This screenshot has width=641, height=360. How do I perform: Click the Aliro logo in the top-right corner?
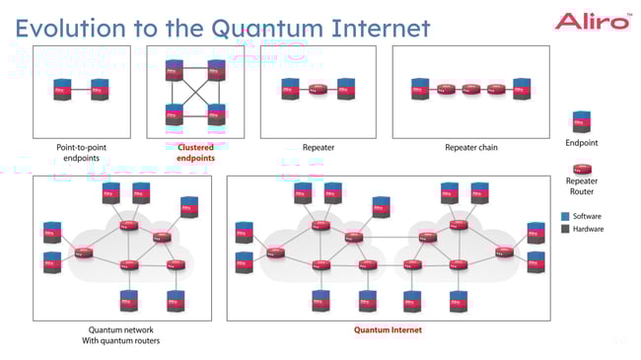point(592,21)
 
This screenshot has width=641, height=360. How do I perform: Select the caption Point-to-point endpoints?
point(82,152)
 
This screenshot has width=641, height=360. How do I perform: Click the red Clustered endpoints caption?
point(194,152)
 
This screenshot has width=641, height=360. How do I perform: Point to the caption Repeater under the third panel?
point(318,147)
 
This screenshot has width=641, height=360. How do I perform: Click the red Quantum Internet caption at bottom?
point(388,330)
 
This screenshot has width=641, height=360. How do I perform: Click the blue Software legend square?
point(565,216)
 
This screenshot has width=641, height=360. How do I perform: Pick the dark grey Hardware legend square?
point(565,229)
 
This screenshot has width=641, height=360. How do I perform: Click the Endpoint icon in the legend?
point(581,122)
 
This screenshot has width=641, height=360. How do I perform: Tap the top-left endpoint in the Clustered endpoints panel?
point(174,70)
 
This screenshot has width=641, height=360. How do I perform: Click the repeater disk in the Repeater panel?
point(318,91)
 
